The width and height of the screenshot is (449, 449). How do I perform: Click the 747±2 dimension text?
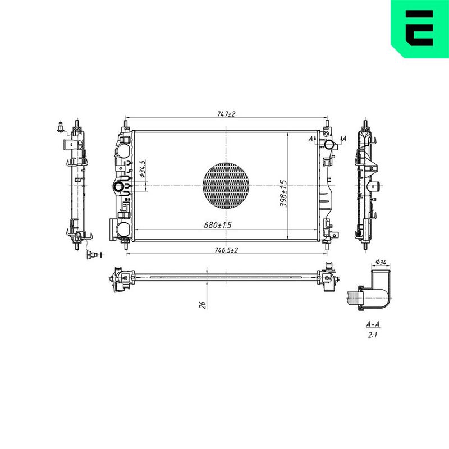click(x=226, y=114)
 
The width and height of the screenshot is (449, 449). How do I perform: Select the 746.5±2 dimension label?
click(x=226, y=250)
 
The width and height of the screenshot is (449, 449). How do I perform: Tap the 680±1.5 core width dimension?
click(x=218, y=225)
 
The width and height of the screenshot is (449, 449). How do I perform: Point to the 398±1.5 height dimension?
click(x=283, y=193)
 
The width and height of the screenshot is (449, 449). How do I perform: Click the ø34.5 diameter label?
click(x=143, y=169)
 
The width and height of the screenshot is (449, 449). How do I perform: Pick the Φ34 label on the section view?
click(x=381, y=262)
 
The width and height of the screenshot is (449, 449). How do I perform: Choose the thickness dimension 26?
click(x=203, y=305)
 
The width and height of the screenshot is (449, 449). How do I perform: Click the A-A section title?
click(x=373, y=324)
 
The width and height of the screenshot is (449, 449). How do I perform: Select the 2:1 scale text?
click(x=373, y=335)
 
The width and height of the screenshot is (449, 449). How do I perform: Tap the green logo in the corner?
click(x=420, y=29)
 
